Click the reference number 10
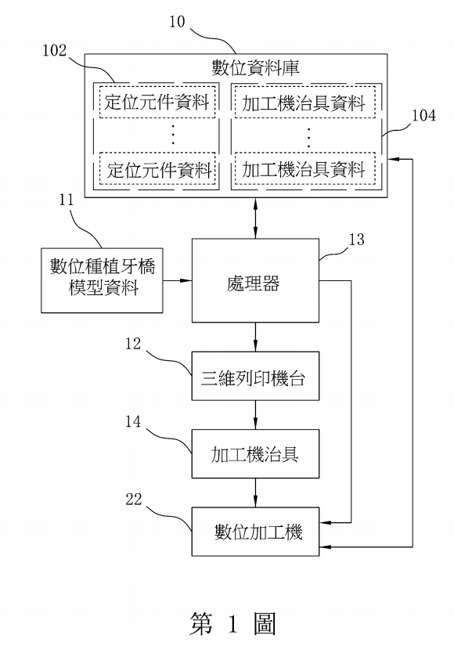pyautogui.click(x=177, y=22)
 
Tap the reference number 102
pyautogui.click(x=55, y=51)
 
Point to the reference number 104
pyautogui.click(x=423, y=115)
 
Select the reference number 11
pyautogui.click(x=66, y=200)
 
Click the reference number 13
pyautogui.click(x=357, y=240)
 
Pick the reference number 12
pyautogui.click(x=133, y=344)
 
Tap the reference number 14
pyautogui.click(x=133, y=421)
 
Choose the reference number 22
pyautogui.click(x=134, y=500)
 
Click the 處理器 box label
pyautogui.click(x=253, y=283)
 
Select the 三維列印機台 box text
pyautogui.click(x=253, y=378)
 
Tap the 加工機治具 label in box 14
pyautogui.click(x=254, y=454)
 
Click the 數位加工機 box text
pyautogui.click(x=258, y=532)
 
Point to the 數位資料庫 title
pyautogui.click(x=255, y=68)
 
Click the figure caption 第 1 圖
pyautogui.click(x=232, y=623)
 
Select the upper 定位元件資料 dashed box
pyautogui.click(x=157, y=102)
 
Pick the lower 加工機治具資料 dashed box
pyautogui.click(x=304, y=169)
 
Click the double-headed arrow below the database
pyautogui.click(x=255, y=218)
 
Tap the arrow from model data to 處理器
pyautogui.click(x=178, y=280)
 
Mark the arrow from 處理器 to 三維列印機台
pyautogui.click(x=255, y=337)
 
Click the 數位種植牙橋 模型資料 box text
pyautogui.click(x=103, y=277)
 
